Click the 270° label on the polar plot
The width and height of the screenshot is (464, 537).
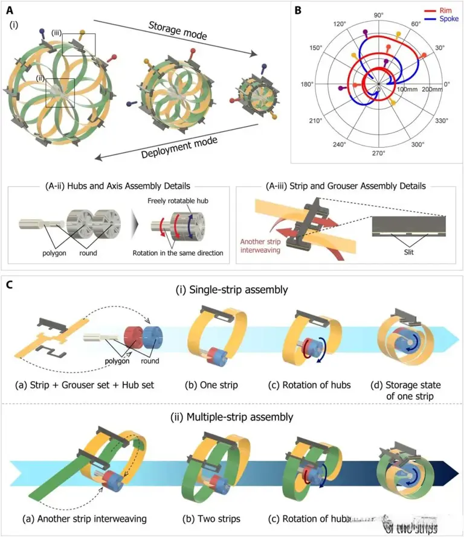(378, 153)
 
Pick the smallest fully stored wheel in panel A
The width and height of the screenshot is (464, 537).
(260, 99)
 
